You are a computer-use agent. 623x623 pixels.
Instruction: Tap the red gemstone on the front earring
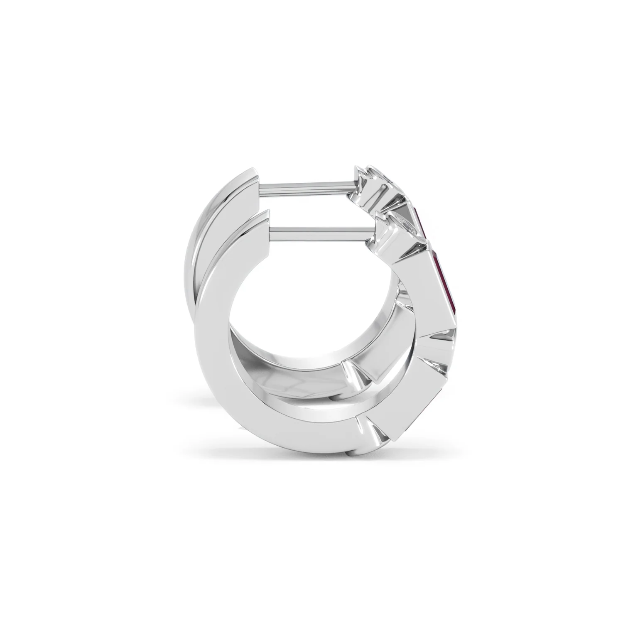pos(445,282)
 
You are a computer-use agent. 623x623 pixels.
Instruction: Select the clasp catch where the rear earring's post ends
pos(365,183)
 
